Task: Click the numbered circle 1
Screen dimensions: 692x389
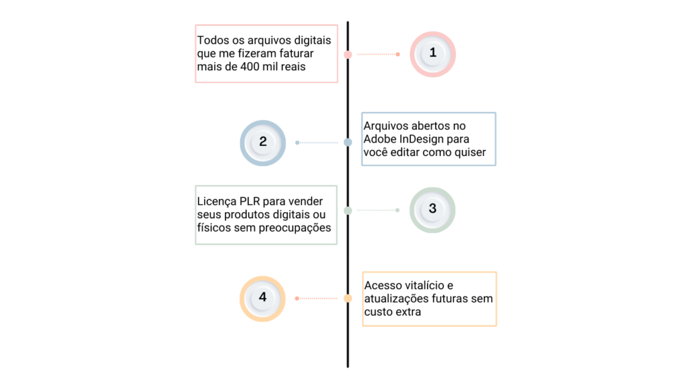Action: click(x=432, y=54)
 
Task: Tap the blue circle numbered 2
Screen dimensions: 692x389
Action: click(x=263, y=143)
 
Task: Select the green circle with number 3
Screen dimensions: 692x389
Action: click(x=432, y=210)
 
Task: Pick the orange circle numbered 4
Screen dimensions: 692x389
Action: click(x=263, y=299)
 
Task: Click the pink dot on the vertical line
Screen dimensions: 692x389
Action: click(x=348, y=54)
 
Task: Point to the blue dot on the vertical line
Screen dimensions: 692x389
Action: click(x=348, y=142)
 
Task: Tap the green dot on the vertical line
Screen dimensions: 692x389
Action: click(x=348, y=211)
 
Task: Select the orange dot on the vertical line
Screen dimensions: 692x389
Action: click(x=348, y=298)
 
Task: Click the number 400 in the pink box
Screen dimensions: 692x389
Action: click(x=250, y=67)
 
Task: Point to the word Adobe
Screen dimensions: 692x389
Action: click(x=380, y=139)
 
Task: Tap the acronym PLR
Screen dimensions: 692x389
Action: click(x=249, y=201)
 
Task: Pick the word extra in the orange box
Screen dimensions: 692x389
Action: click(x=407, y=312)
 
